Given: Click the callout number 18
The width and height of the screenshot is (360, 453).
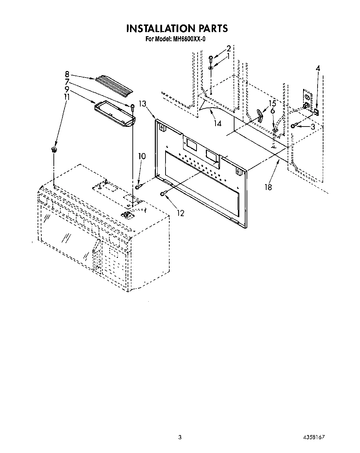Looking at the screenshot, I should pos(268,187).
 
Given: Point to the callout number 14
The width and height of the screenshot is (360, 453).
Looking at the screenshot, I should pos(218,123).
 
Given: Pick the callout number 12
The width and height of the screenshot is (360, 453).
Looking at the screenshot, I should pos(180,213).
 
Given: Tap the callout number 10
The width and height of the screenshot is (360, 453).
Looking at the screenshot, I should pos(142,156).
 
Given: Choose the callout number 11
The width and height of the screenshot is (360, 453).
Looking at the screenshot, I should pos(67,97).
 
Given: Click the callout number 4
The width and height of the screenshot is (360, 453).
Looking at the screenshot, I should pos(318,68).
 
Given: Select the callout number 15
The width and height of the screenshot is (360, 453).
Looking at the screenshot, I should pos(272,103).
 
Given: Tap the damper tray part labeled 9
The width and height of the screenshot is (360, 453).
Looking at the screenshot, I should pos(114,113).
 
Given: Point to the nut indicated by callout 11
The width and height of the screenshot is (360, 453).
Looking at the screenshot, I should pos(54,149).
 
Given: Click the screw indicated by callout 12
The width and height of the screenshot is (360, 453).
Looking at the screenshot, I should pos(163,194).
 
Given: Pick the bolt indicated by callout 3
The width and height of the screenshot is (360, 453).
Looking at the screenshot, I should pos(294,125).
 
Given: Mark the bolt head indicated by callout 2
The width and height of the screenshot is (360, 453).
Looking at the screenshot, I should pos(211,57).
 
